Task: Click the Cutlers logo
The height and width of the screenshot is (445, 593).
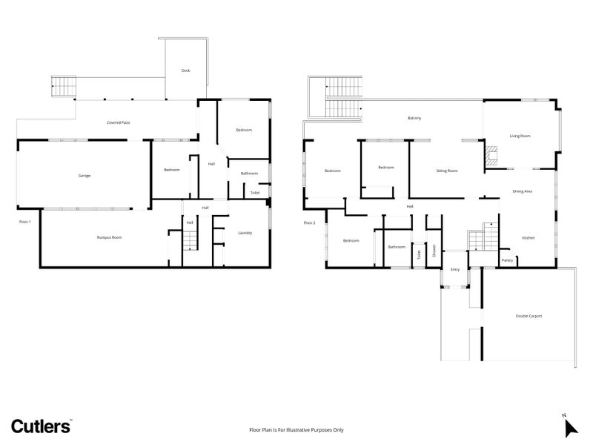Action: coord(41,425)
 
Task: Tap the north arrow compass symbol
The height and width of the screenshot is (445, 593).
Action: coord(570,427)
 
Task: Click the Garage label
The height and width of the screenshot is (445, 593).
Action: coord(85,176)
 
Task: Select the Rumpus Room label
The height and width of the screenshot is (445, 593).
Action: coord(109,237)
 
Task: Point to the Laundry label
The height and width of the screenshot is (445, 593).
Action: coord(245,233)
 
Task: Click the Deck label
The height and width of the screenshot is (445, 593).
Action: coord(185,70)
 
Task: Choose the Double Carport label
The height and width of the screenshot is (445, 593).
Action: coord(529,316)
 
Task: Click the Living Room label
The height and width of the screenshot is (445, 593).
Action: coord(520,136)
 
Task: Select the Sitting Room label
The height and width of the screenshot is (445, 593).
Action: coord(446,171)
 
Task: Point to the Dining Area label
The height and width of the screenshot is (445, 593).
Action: coord(523,191)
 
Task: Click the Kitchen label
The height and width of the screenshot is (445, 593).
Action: coord(528,237)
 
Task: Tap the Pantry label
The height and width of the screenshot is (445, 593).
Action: coord(507,260)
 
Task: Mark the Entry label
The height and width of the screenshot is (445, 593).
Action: coord(455,269)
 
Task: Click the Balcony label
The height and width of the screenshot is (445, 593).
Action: coord(414,119)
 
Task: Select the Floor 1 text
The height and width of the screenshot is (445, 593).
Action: coord(25,221)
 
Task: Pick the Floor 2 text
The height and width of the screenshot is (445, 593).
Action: coord(309,222)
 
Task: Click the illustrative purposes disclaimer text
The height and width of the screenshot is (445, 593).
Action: coord(296,429)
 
